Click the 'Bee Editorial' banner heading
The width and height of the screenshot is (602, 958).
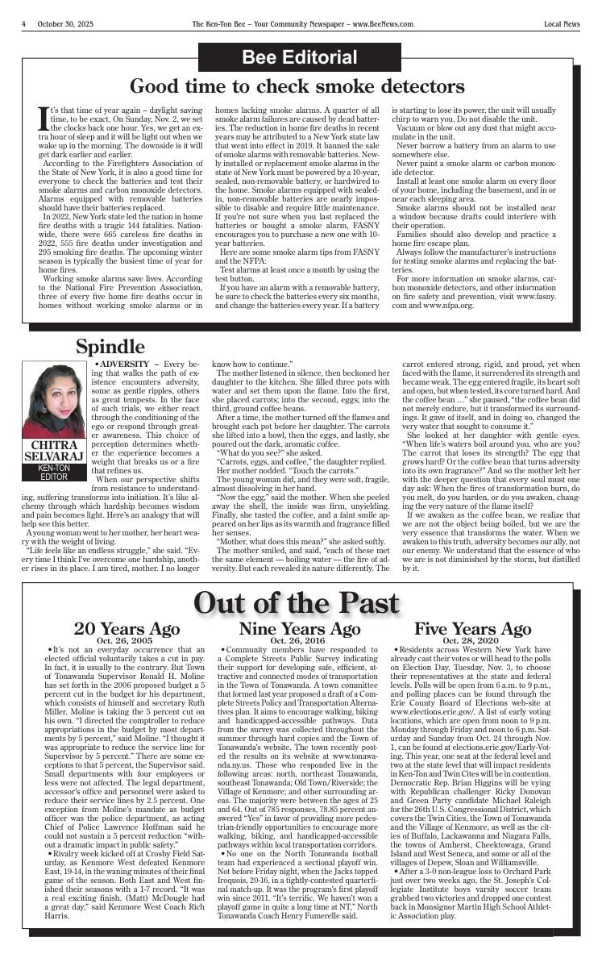[x=299, y=58]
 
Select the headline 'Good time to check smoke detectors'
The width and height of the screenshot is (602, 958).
[x=297, y=86]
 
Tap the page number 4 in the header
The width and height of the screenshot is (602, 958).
[x=24, y=24]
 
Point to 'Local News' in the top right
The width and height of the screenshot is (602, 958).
[x=561, y=24]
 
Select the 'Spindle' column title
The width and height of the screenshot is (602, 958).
[x=110, y=347]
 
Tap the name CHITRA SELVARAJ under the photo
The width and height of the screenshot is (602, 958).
[x=54, y=451]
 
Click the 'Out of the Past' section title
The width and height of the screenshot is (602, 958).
[x=297, y=602]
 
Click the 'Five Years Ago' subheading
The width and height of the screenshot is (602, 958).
[x=472, y=629]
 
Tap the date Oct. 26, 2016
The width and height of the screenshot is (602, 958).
[x=299, y=640]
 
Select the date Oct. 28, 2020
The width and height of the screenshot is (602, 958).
[x=472, y=640]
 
